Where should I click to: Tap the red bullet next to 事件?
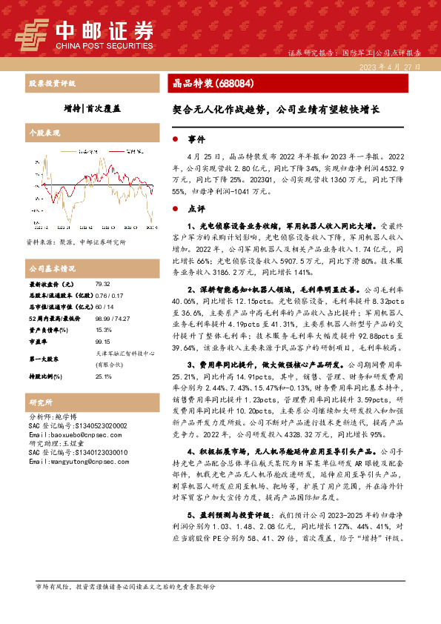tap(175, 139)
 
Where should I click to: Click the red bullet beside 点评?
tap(175, 209)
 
